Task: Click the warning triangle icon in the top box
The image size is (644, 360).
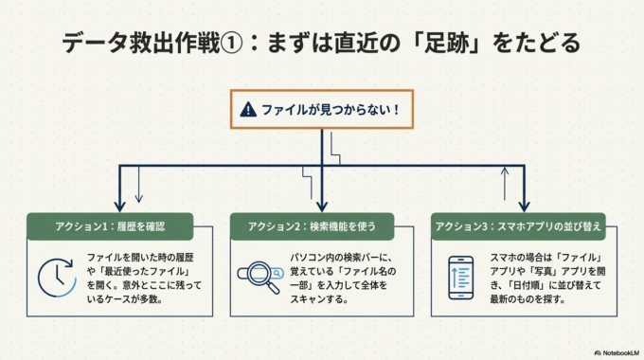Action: [248, 110]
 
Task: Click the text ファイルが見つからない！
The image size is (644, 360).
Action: [330, 110]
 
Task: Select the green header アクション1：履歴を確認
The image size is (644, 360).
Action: [110, 225]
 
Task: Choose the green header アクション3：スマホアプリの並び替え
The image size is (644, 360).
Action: [518, 225]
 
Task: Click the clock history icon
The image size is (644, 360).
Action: [56, 277]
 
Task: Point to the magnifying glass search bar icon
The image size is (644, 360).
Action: [259, 276]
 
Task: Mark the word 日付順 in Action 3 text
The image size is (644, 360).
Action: [519, 286]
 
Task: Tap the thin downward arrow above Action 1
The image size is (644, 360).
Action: [138, 189]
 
